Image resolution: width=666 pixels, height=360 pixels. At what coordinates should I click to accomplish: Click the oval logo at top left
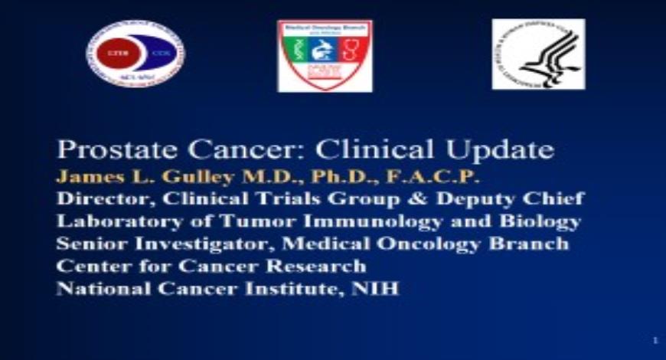(x=135, y=53)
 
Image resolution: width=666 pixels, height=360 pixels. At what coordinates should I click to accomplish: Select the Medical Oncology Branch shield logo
(x=325, y=55)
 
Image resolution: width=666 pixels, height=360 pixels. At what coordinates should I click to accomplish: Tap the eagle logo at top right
(x=537, y=54)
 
